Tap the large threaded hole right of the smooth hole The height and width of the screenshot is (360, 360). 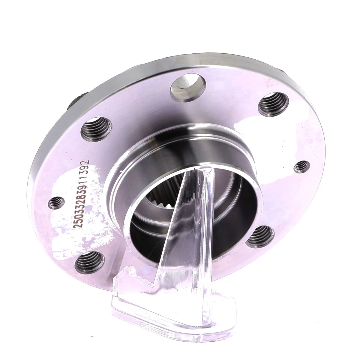tap(273, 104)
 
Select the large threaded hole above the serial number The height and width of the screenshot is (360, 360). tap(96, 129)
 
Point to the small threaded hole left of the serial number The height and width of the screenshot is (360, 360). tap(56, 203)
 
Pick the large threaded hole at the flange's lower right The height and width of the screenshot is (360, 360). tap(260, 236)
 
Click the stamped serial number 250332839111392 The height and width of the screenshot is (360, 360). tap(81, 194)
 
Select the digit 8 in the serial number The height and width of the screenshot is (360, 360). tap(81, 195)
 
